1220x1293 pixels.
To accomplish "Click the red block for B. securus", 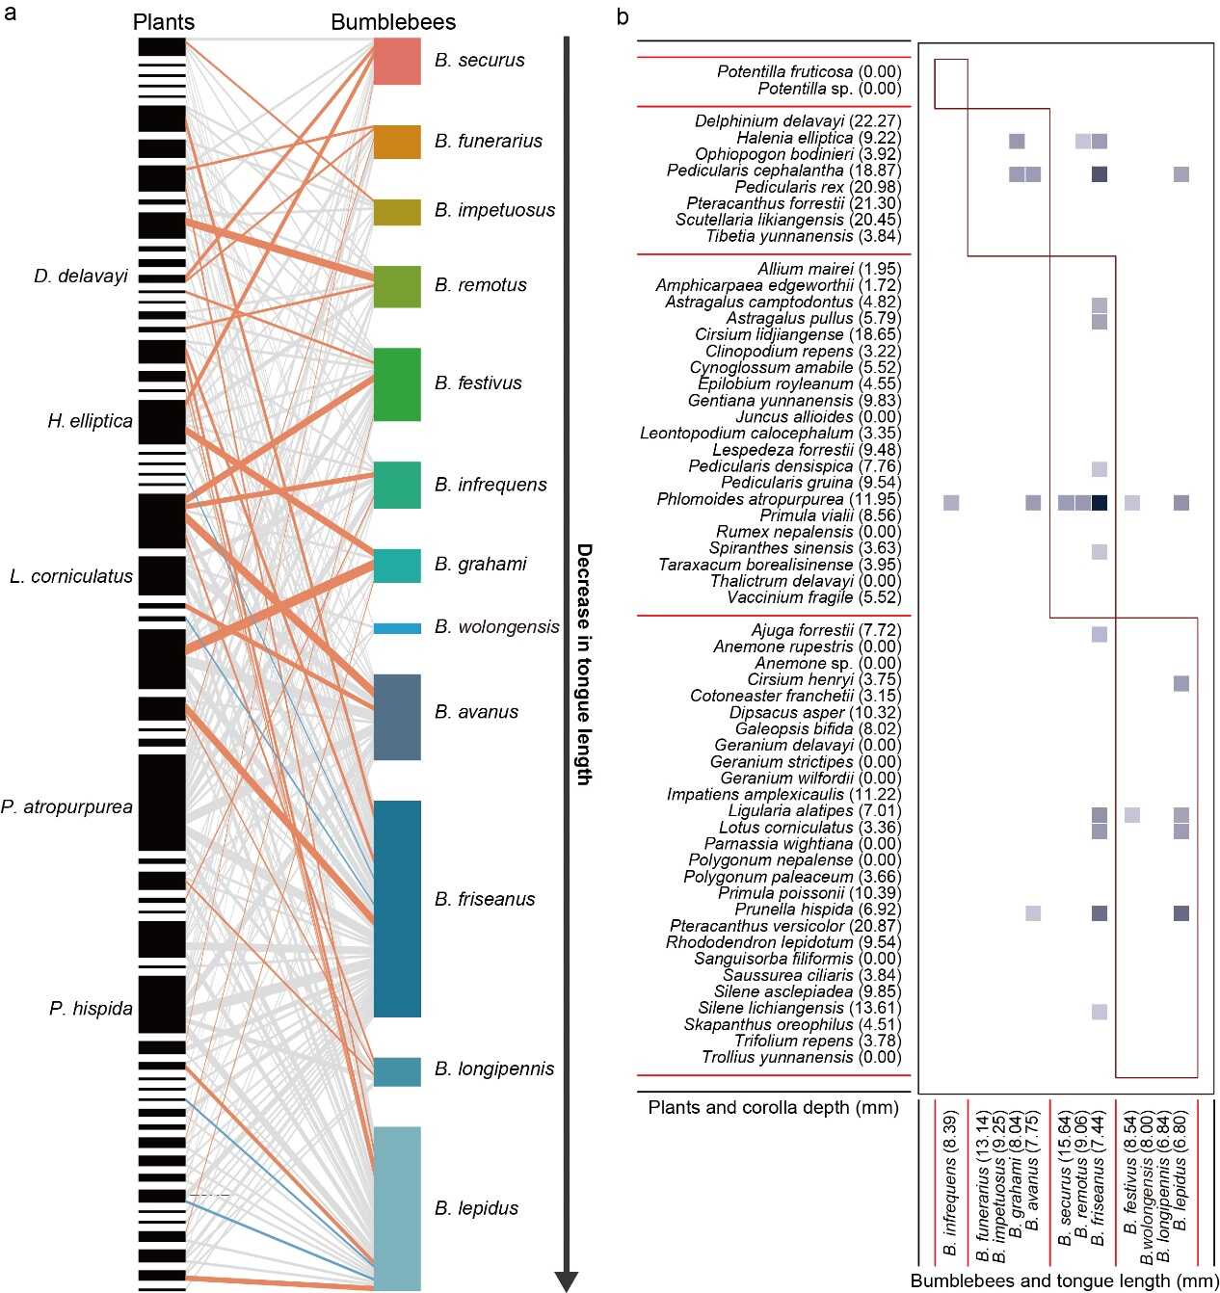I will point(397,61).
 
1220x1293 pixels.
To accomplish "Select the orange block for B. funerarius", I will point(397,142).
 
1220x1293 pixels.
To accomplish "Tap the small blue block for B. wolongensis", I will point(397,628).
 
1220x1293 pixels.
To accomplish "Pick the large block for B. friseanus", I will point(397,908).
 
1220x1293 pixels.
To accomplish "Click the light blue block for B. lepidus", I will point(397,1207).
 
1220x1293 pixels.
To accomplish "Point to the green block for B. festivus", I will point(397,383).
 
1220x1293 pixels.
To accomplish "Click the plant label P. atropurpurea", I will point(66,807).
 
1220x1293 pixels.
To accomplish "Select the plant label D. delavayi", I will point(81,277).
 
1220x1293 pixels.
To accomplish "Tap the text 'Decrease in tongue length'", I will point(584,664).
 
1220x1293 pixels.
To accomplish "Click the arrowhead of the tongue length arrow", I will point(567,1280).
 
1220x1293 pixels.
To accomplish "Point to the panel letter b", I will point(623,16).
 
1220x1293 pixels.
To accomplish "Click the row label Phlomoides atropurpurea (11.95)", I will point(779,499).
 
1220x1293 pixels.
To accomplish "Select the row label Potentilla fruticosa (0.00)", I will point(809,72).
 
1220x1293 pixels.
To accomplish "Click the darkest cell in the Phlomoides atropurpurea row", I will point(1100,502).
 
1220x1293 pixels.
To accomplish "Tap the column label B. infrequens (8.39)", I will point(950,1182).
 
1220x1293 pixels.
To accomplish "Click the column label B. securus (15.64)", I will point(1065,1177).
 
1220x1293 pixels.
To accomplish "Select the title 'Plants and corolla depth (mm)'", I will point(773,1108).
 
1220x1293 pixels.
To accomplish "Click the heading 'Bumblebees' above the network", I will point(393,22).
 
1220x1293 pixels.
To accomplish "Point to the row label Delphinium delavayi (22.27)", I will point(798,121).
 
